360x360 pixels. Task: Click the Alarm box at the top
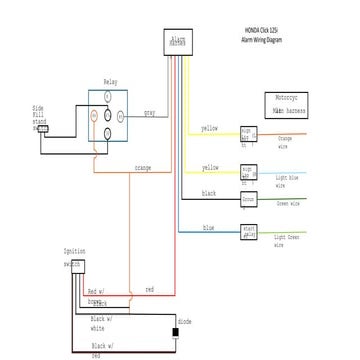[177, 42]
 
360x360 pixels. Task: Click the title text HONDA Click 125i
[263, 32]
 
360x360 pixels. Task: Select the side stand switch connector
[43, 127]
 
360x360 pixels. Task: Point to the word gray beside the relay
[149, 112]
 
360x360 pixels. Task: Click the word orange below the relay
[142, 168]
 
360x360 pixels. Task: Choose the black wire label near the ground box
[209, 192]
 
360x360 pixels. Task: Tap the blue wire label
[208, 228]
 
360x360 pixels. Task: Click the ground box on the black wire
[249, 200]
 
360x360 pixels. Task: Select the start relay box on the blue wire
[250, 233]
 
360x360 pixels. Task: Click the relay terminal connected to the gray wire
[122, 114]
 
